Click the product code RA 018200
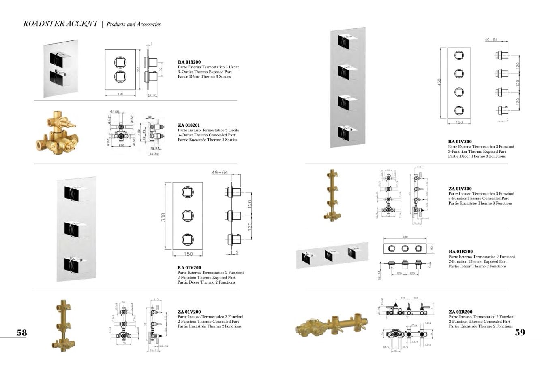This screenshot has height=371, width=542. click(x=189, y=62)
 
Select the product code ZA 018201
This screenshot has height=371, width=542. click(x=189, y=125)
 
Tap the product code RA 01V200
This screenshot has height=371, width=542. click(x=189, y=267)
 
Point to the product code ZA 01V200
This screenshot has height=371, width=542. click(x=189, y=312)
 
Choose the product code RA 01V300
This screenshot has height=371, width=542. click(x=460, y=142)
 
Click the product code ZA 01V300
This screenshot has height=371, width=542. click(x=460, y=189)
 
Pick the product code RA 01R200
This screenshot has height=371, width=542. click(x=461, y=252)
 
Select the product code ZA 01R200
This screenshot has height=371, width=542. click(x=461, y=312)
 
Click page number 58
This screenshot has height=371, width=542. click(x=21, y=333)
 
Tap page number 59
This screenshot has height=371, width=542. click(x=520, y=333)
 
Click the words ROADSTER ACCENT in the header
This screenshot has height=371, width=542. click(x=60, y=24)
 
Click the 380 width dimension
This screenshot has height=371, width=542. click(x=405, y=237)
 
